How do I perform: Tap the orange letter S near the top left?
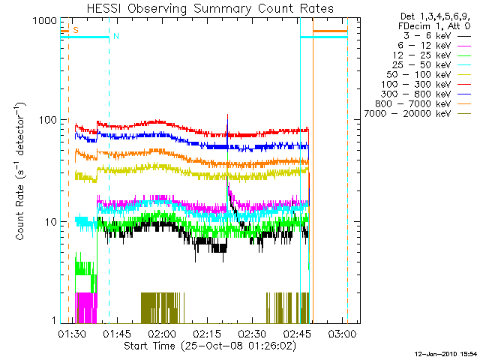click(x=75, y=30)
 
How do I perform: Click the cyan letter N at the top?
click(x=115, y=36)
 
